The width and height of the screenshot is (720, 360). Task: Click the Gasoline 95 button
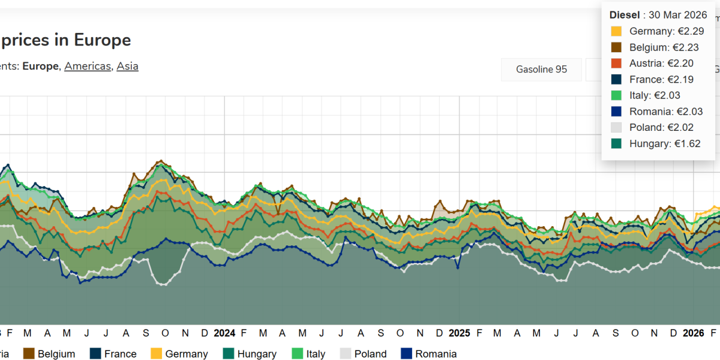pyautogui.click(x=541, y=69)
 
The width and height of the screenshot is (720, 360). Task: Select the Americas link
pyautogui.click(x=88, y=66)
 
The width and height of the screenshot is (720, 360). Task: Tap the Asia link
pyautogui.click(x=127, y=66)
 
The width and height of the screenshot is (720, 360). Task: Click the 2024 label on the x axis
pyautogui.click(x=224, y=333)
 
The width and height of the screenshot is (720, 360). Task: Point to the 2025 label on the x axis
pyautogui.click(x=459, y=333)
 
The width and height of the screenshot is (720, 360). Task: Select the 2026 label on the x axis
pyautogui.click(x=694, y=333)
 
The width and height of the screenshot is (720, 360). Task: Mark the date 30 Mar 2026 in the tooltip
pyautogui.click(x=677, y=15)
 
